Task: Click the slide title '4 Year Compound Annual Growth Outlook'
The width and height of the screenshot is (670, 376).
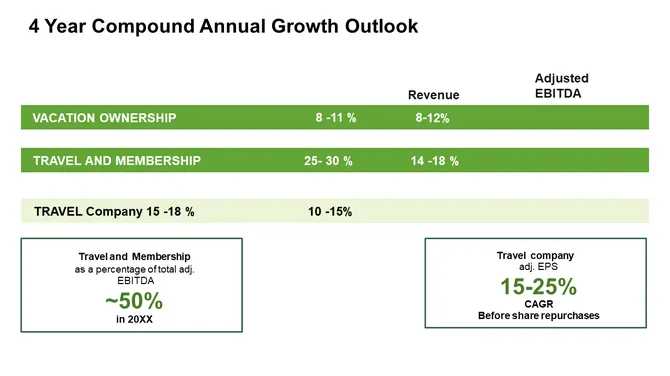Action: [223, 27]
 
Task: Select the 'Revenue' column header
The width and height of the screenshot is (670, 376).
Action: [433, 95]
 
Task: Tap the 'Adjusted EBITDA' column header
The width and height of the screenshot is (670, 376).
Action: [561, 86]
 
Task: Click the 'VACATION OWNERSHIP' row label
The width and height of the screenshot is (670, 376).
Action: [104, 118]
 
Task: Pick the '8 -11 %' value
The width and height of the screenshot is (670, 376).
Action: [336, 118]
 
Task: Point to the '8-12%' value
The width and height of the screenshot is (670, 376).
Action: [432, 118]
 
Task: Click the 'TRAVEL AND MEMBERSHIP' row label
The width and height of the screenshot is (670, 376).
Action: [116, 161]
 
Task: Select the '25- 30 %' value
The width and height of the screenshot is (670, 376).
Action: [328, 161]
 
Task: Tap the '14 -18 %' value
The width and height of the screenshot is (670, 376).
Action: [435, 161]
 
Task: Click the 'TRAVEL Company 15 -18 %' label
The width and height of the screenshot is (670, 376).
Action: [114, 211]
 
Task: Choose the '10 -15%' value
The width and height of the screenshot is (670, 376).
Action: [330, 211]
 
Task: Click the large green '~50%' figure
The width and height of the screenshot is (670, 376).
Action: [133, 301]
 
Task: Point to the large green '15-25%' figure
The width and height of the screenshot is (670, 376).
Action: [538, 287]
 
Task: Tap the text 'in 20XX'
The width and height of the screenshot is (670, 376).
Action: [134, 319]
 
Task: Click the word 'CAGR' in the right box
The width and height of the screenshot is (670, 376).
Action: [538, 304]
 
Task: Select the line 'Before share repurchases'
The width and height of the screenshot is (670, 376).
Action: [538, 316]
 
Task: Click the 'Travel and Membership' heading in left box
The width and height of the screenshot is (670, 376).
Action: [133, 257]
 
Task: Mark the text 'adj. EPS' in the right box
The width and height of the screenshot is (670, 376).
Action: [538, 267]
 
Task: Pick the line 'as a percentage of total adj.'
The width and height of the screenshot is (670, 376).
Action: [133, 269]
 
